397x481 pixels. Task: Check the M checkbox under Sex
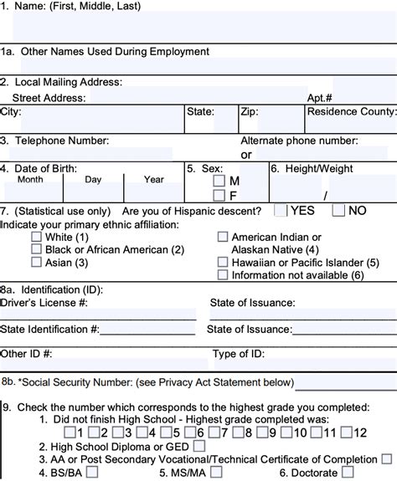[219, 181]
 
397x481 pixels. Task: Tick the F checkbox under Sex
[219, 195]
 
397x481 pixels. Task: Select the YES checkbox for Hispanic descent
[281, 211]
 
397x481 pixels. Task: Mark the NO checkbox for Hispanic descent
[338, 211]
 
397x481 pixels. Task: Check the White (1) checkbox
[36, 238]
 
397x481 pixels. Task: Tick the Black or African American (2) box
[36, 249]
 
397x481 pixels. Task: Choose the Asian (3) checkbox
[36, 262]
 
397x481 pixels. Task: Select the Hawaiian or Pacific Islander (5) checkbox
[223, 262]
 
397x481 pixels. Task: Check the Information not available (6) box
[223, 274]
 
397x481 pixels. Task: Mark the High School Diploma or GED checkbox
[198, 446]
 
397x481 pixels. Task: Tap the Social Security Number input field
[345, 382]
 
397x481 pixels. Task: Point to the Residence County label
[351, 110]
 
